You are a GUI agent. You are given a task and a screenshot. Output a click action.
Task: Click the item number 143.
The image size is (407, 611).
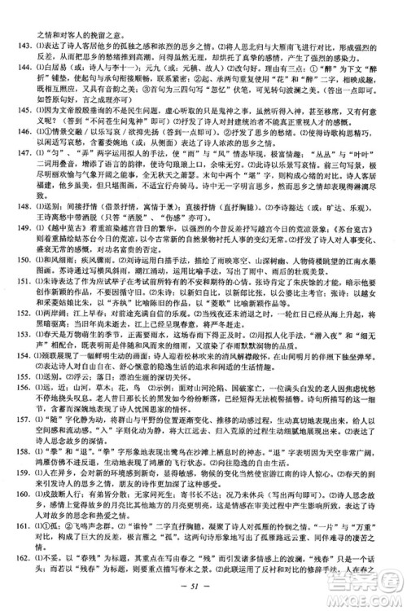pyautogui.click(x=21, y=24)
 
